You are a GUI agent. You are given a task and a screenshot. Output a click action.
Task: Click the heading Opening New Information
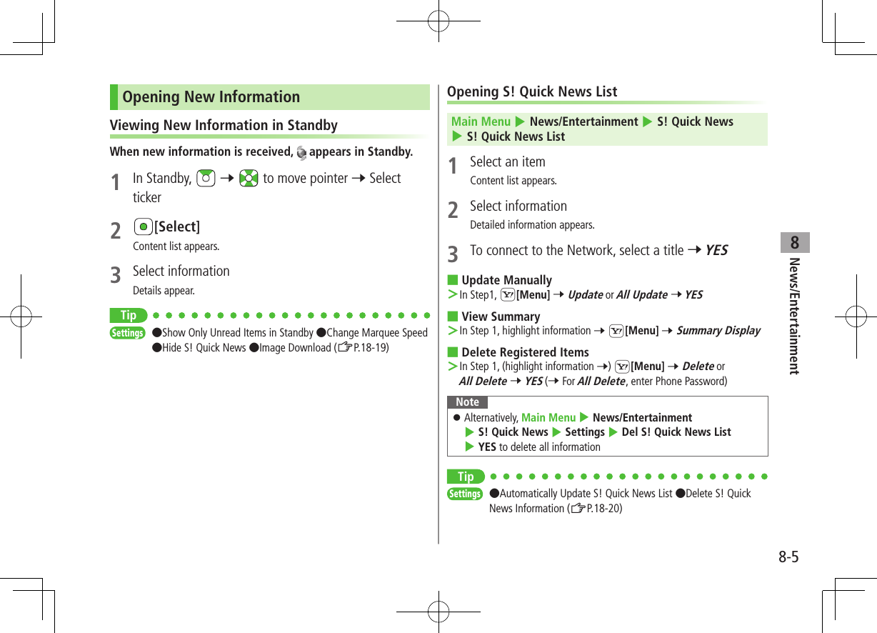click(211, 97)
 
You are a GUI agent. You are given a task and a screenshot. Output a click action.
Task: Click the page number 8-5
click(788, 557)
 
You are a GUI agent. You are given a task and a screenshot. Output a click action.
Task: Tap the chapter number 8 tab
click(795, 243)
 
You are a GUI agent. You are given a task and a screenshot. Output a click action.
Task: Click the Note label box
click(468, 402)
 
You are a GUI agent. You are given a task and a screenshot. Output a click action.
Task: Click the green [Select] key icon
click(144, 226)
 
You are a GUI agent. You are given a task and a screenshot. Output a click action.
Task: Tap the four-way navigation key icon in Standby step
click(249, 179)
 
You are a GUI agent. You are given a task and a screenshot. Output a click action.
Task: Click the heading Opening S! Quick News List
click(532, 91)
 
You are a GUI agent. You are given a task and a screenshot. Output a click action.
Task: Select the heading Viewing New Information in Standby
click(224, 125)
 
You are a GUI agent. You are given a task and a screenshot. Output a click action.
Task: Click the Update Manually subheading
click(506, 280)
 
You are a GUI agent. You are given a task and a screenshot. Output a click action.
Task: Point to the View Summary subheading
click(501, 316)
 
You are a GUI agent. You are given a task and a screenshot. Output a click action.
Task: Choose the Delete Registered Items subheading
click(525, 352)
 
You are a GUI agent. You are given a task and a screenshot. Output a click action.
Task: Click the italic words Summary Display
click(718, 331)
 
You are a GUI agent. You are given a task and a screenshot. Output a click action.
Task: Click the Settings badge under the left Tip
click(128, 333)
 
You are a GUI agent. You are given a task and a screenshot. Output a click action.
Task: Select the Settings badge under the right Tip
click(465, 494)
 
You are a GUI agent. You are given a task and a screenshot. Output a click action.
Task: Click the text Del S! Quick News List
click(676, 432)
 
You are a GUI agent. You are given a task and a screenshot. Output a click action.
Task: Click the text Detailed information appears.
click(532, 225)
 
